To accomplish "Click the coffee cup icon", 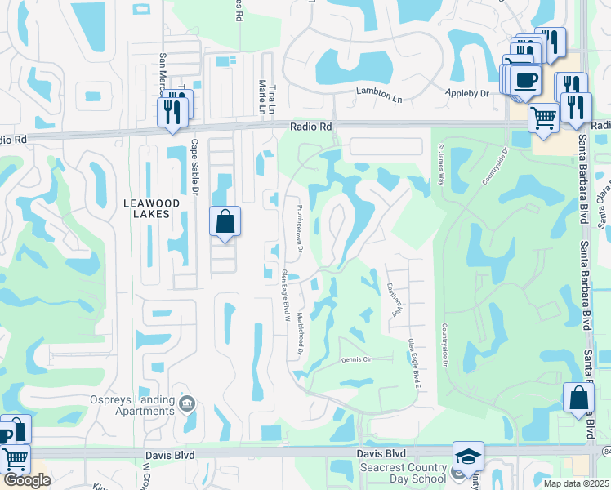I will [x=527, y=80].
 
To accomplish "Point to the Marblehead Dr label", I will [x=301, y=336].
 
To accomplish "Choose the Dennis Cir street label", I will [x=356, y=359].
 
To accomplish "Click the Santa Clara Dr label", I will [x=602, y=204].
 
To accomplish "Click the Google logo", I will [x=27, y=480].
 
